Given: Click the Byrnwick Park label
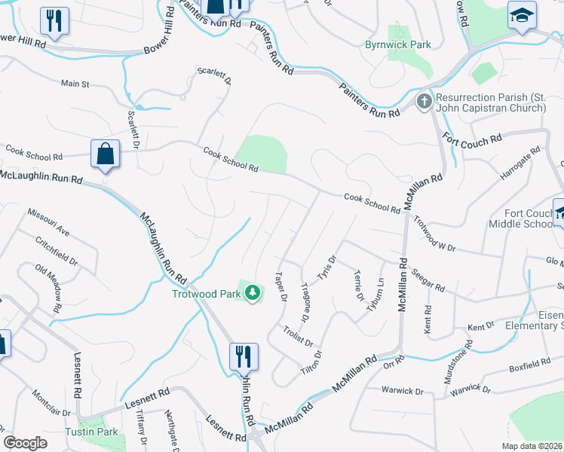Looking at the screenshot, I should pos(398,45).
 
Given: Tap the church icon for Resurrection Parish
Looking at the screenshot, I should pos(424,101).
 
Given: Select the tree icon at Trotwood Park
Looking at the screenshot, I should pos(253,292).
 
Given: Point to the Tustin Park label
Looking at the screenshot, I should pos(91,432).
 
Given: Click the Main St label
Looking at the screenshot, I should pos(75,84).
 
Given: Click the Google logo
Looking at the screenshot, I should pos(25,443).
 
